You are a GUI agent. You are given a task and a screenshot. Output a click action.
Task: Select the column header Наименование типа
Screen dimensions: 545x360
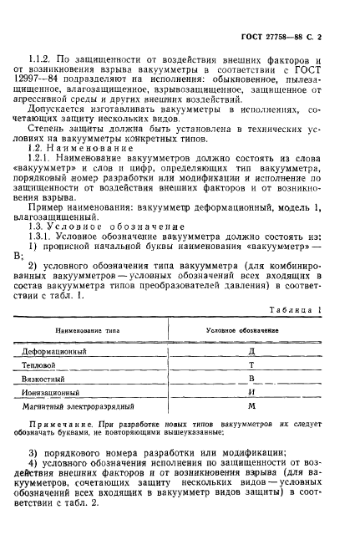pos(87,330)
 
